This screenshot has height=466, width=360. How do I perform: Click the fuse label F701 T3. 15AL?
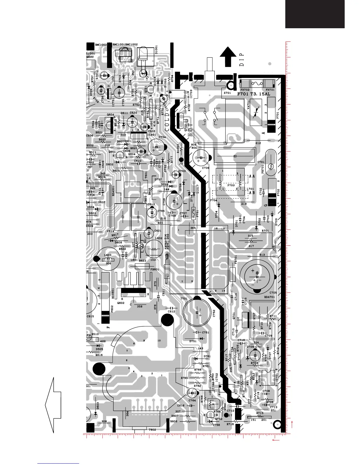tap(254, 94)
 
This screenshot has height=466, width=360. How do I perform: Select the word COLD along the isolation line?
tap(167, 122)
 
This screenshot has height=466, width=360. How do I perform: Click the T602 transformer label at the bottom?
tap(152, 430)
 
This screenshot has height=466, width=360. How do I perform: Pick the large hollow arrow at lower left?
tap(53, 405)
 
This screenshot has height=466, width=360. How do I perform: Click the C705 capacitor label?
tap(273, 293)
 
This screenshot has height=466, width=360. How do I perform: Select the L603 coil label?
tap(108, 255)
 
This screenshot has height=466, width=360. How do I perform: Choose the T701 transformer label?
tap(184, 299)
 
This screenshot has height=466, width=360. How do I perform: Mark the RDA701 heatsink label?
tap(269, 297)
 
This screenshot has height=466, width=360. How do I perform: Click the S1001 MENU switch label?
tap(90, 55)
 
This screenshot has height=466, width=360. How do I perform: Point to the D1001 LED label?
tap(156, 49)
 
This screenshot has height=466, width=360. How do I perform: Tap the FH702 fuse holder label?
tap(245, 90)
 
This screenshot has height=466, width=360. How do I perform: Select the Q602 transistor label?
tap(121, 303)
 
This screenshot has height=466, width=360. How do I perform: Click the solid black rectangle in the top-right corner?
tap(315, 14)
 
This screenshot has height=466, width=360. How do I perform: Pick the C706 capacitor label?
tap(206, 168)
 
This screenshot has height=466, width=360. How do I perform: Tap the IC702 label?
tap(217, 377)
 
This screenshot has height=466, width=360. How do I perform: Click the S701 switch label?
tap(227, 93)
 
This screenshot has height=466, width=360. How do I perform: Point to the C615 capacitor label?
tap(90, 317)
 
